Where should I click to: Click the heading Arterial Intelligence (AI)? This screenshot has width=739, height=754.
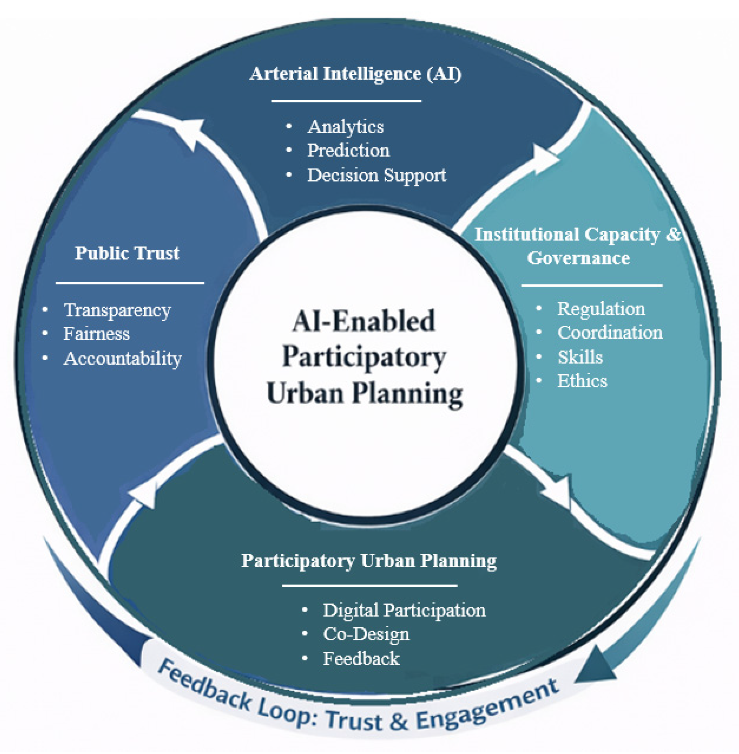coord(356,74)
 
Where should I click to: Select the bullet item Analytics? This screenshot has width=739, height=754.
coord(346,127)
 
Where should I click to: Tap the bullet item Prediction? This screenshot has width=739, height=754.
coord(348,150)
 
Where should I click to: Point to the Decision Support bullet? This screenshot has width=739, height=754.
coord(377,176)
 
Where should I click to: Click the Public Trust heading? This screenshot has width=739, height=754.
coord(127,253)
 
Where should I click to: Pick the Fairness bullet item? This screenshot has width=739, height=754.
coord(96,334)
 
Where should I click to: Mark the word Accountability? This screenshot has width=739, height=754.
coord(122,358)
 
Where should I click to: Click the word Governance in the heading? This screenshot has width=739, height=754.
coord(578,258)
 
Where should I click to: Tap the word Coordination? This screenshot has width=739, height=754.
coord(610,333)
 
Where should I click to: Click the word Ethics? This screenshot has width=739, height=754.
coord(582,381)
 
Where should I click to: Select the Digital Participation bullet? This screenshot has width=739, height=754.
coord(404,611)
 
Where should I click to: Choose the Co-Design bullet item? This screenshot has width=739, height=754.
coord(366,635)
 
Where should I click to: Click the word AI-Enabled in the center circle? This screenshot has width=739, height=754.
coord(364,322)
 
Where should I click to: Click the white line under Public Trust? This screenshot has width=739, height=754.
coord(130,283)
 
